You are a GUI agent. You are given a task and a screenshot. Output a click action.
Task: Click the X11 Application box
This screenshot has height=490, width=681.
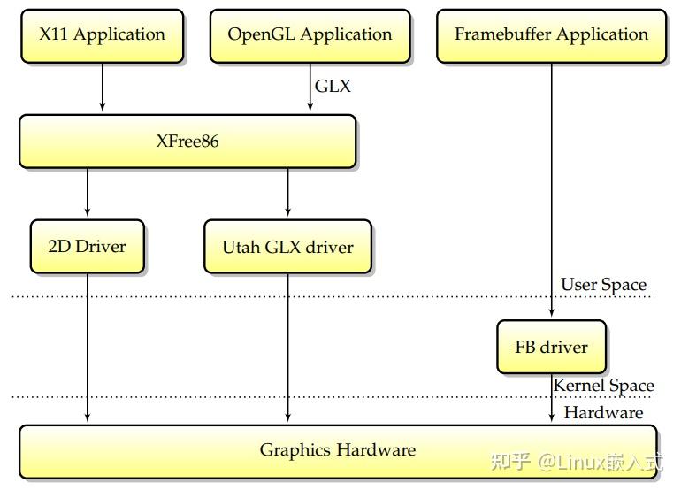pos(102,35)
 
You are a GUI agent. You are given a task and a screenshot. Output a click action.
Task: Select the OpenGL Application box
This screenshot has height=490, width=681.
pos(310,35)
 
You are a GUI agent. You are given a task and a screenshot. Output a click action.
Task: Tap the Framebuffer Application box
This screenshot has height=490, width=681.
pos(551,35)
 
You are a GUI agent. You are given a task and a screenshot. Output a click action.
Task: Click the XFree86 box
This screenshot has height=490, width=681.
pos(187,141)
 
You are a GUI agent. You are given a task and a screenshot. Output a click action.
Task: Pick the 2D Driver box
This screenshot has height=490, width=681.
pos(87,245)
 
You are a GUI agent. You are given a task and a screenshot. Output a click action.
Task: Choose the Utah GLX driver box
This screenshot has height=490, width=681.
pos(287,247)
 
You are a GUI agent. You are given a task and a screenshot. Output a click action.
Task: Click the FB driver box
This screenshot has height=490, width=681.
pos(551,347)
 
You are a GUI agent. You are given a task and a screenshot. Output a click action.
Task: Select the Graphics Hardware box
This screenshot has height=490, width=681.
pos(337,450)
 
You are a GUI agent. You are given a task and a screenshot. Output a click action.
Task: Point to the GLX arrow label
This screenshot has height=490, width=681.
pos(333,86)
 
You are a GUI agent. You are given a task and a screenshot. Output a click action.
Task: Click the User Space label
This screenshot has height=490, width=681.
pos(603,285)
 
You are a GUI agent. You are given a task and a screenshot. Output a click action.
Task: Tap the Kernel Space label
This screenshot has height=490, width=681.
pos(603,386)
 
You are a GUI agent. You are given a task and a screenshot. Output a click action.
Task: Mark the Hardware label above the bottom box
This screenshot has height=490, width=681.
pos(603,412)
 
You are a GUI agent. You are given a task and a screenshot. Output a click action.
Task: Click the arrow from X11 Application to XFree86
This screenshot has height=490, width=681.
pos(103,87)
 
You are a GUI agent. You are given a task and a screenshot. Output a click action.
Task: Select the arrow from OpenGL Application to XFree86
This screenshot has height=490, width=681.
pos(310,87)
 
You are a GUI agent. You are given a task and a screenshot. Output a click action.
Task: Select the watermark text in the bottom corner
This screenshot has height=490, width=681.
pos(576,461)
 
